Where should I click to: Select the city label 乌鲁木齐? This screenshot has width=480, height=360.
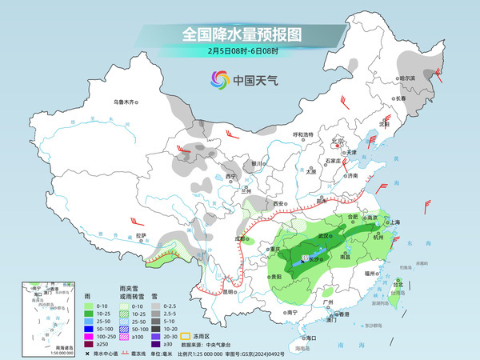(x=126, y=102)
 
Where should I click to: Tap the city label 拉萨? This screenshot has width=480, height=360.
(x=141, y=235)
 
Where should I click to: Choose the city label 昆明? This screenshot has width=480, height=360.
(x=228, y=291)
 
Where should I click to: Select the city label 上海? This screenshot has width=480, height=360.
(x=393, y=222)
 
